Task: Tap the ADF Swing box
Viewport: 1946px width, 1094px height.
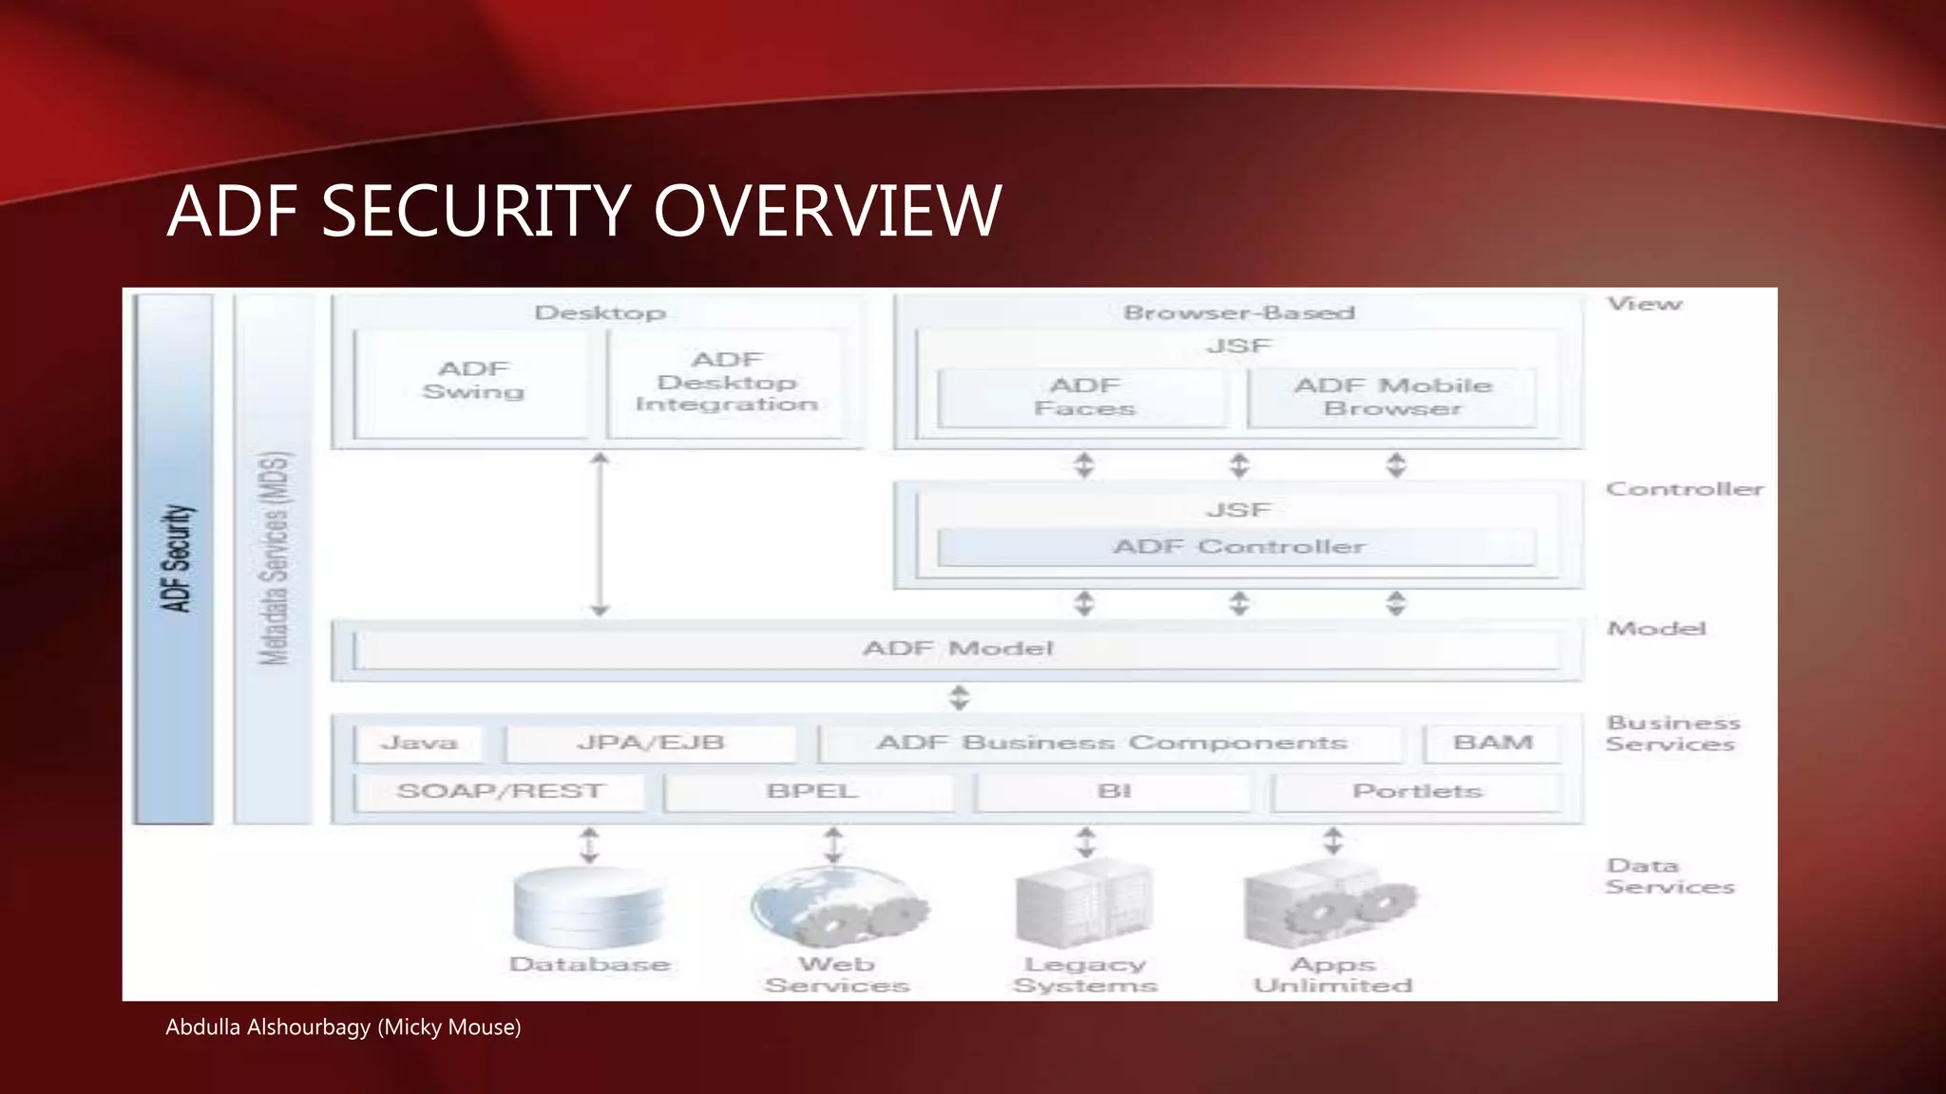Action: coord(472,383)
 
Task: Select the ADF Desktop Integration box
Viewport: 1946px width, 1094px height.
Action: coord(727,383)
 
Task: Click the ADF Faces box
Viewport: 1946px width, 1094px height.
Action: coord(1083,398)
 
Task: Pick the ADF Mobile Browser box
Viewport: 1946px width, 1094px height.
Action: coord(1392,398)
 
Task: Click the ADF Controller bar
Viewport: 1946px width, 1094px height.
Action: coord(1237,547)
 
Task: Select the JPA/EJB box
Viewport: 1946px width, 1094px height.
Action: coord(651,744)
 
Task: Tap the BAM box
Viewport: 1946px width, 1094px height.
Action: coord(1493,744)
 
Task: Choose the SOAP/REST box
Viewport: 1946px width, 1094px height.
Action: coord(500,792)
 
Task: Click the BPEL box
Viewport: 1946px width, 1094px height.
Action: coord(811,792)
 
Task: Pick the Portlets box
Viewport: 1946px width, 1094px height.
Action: coord(1417,792)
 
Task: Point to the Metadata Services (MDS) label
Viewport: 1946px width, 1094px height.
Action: coord(274,558)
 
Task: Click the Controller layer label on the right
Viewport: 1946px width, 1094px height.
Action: coord(1684,490)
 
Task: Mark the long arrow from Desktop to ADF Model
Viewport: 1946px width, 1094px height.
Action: coord(600,535)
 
